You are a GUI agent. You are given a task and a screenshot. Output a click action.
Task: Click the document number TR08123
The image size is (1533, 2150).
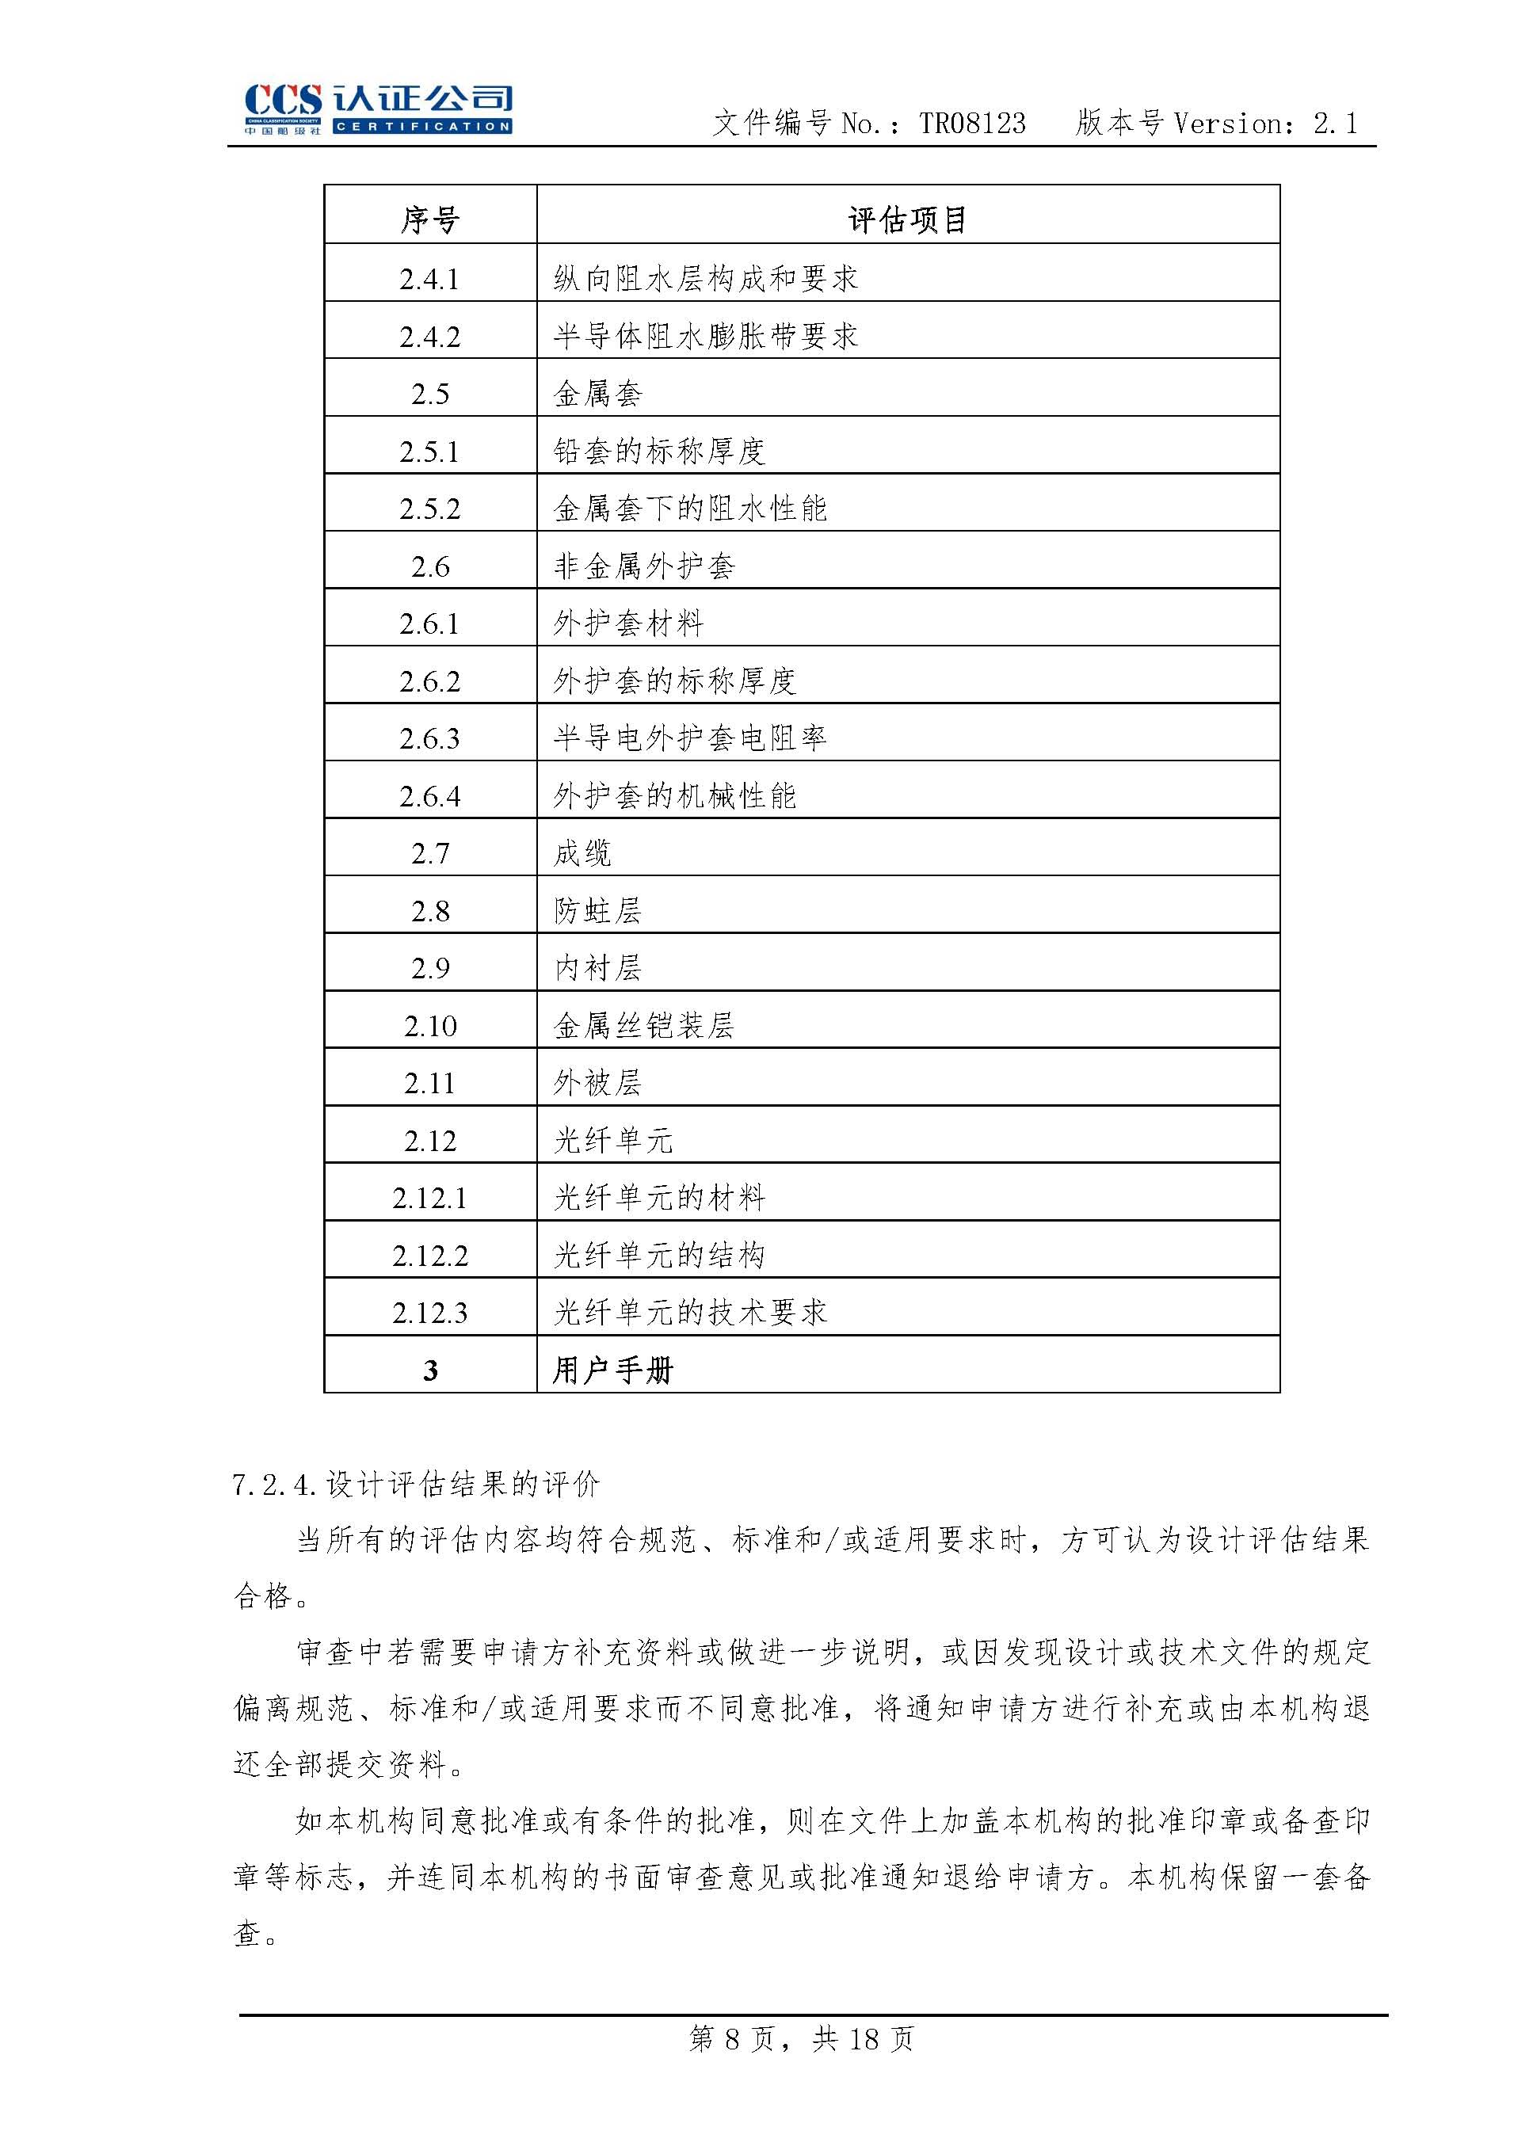click(972, 124)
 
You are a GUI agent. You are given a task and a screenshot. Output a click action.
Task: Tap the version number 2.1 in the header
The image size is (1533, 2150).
click(1335, 124)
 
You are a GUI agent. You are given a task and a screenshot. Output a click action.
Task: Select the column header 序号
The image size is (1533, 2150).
click(429, 220)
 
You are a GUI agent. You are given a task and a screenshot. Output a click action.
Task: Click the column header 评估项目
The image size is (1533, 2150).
click(907, 220)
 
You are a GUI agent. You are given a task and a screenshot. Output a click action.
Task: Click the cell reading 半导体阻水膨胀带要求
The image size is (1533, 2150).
click(705, 336)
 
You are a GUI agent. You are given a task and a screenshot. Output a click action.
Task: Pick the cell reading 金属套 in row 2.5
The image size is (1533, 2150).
click(597, 394)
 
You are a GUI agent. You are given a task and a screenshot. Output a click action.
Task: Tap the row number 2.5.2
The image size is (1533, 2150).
click(429, 509)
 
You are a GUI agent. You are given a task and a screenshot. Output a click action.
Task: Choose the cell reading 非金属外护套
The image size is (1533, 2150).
click(644, 566)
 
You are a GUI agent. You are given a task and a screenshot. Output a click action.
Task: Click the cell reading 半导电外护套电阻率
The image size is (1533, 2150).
click(690, 738)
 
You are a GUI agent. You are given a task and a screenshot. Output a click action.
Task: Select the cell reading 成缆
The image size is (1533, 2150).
click(582, 853)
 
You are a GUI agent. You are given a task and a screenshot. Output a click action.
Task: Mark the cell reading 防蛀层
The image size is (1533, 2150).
click(597, 911)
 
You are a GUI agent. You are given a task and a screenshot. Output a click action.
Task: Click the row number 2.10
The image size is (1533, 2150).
click(429, 1026)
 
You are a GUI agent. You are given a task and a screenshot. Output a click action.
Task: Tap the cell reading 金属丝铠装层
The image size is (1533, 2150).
click(644, 1026)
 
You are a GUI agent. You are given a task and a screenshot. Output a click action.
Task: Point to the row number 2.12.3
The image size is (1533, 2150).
click(429, 1313)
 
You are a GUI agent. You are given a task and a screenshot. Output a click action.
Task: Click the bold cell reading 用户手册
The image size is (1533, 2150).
click(612, 1370)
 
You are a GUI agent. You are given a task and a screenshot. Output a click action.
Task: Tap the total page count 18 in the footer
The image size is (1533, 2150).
click(864, 2040)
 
